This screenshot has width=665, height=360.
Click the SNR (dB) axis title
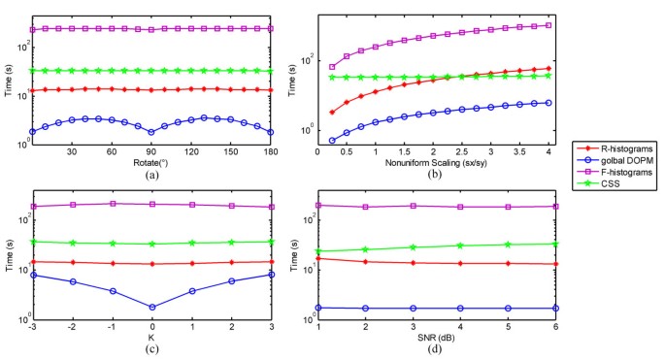click(x=434, y=337)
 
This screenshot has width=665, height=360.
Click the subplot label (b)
click(x=434, y=174)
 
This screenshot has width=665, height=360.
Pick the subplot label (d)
click(x=434, y=349)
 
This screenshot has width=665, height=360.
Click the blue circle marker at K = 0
click(x=152, y=307)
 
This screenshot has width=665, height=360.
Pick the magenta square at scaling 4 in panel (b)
click(x=549, y=25)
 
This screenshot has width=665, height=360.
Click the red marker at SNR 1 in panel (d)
click(x=319, y=258)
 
